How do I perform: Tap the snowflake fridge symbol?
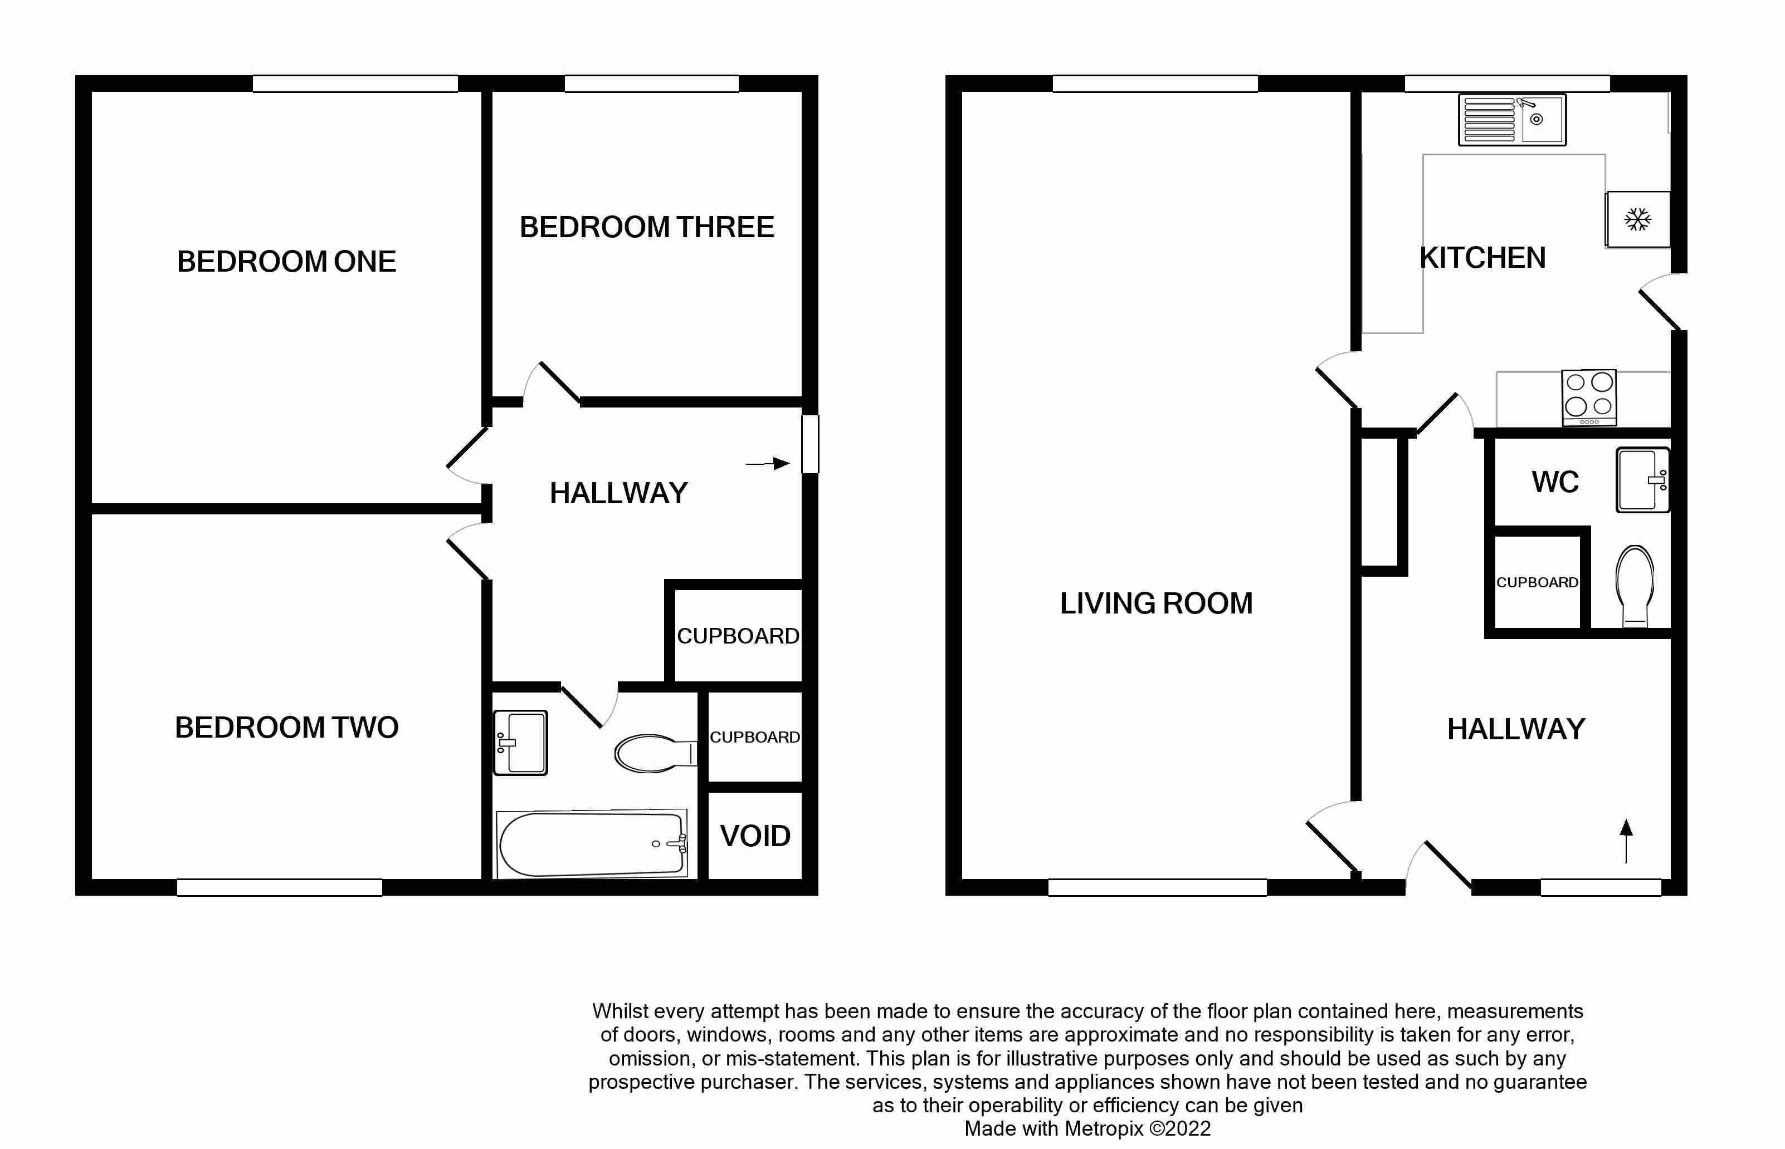click(1637, 219)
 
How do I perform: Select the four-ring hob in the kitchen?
click(1589, 397)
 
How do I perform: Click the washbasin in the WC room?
click(1642, 480)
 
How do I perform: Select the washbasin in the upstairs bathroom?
click(521, 743)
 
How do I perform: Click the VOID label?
click(755, 836)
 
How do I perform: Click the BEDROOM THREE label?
click(646, 227)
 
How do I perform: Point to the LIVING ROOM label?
click(1155, 603)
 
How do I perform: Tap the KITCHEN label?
click(1482, 257)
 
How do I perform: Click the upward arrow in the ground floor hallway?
click(1626, 840)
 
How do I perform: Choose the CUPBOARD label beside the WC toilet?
click(1537, 582)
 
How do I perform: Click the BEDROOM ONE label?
click(286, 261)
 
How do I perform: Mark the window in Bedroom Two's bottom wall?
click(279, 887)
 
